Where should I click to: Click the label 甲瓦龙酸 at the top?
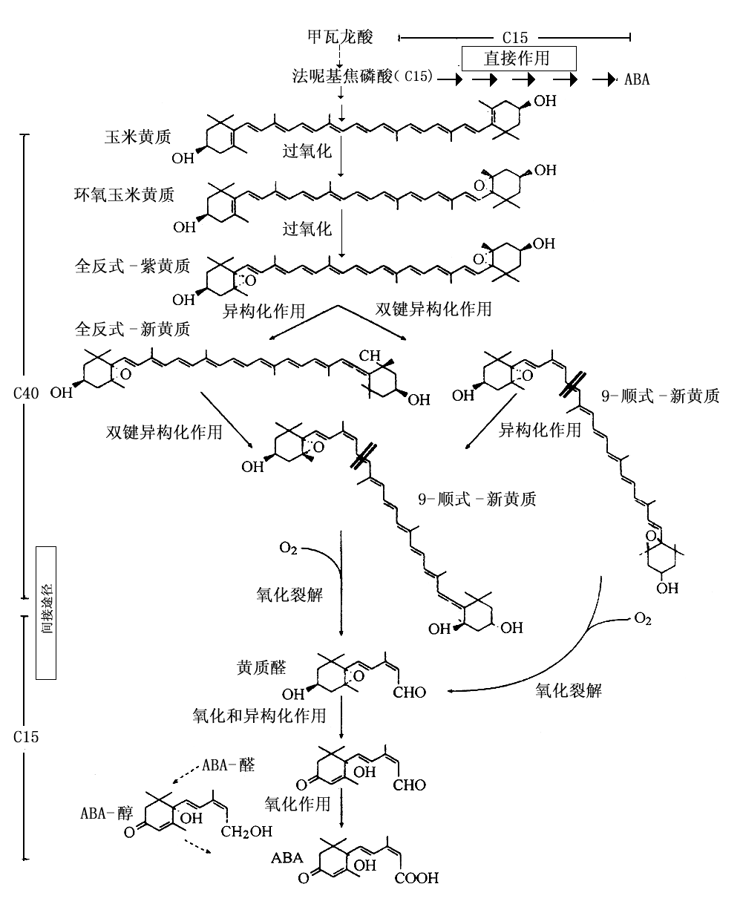340,36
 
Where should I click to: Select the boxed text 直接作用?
517,57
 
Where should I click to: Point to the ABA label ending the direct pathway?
637,79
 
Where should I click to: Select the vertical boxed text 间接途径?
46,612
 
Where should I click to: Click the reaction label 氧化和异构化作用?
258,715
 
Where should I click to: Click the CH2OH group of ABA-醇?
248,832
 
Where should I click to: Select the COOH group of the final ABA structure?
416,879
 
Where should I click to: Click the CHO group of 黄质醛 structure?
409,693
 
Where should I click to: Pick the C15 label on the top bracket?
514,36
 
